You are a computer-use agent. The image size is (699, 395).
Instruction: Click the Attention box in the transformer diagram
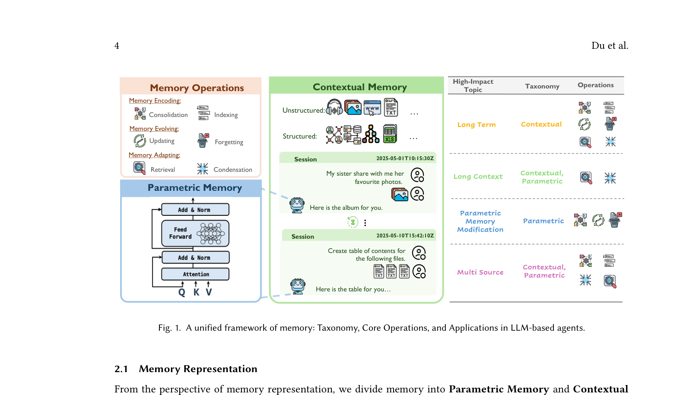[195, 274]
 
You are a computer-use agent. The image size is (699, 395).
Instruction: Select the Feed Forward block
[195, 233]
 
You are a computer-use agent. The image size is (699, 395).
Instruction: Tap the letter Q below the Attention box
[181, 292]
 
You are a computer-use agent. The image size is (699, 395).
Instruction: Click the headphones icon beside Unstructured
[334, 107]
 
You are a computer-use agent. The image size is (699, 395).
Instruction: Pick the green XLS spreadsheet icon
[390, 134]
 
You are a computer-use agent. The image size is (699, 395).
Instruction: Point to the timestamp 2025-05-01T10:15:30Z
[405, 158]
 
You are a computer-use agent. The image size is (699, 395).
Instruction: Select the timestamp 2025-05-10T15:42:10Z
[405, 235]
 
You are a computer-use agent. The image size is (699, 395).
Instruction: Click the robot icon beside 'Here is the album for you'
[297, 205]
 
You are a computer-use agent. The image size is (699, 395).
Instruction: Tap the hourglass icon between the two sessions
[353, 222]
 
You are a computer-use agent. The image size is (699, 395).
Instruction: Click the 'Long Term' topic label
[476, 125]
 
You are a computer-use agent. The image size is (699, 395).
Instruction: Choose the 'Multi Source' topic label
[480, 272]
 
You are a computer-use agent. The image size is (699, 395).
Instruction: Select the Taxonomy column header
[542, 86]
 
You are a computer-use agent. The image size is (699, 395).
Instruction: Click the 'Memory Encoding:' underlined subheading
[155, 101]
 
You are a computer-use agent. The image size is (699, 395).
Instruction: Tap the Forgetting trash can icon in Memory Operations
[203, 141]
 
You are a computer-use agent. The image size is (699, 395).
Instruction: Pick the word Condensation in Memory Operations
[233, 170]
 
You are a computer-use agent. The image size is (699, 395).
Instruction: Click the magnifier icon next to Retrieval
[140, 168]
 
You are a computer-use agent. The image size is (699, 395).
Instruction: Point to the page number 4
[117, 46]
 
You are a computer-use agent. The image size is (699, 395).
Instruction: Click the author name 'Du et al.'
[610, 45]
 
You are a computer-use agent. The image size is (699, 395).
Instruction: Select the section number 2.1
[121, 369]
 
